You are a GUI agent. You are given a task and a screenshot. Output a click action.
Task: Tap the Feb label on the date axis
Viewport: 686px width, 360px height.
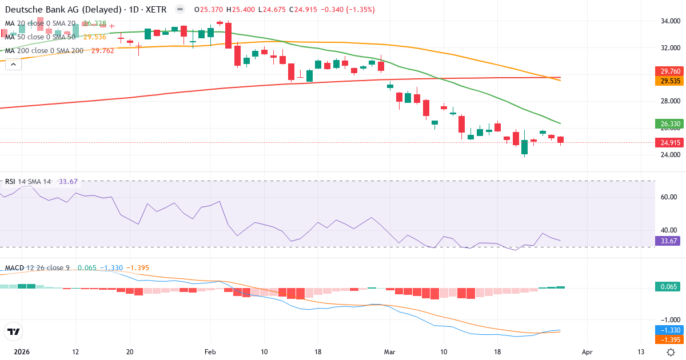(211, 352)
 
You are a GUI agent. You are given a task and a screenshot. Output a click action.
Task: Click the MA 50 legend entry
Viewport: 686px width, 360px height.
(40, 37)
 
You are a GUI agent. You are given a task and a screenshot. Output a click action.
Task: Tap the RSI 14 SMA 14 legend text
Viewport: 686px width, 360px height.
(28, 182)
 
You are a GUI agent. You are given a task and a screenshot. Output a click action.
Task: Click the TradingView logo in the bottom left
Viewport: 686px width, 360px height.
(13, 331)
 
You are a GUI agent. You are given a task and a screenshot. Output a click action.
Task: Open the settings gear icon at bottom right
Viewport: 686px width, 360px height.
(672, 352)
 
